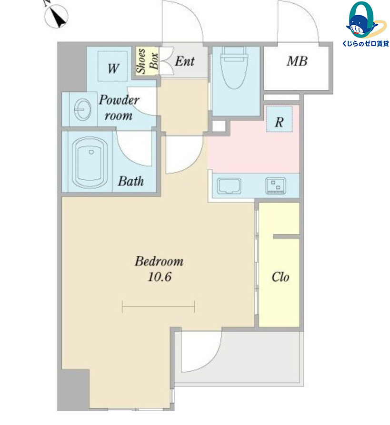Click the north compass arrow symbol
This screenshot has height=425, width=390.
(57, 15)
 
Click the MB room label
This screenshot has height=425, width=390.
(297, 61)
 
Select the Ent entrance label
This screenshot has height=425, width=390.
(185, 61)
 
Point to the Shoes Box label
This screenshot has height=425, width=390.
(147, 61)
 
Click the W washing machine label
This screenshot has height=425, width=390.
(113, 68)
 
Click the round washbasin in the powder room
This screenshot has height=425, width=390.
(82, 109)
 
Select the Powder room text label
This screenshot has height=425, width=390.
(119, 107)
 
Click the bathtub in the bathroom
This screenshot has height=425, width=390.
(90, 163)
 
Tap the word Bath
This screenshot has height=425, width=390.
(130, 181)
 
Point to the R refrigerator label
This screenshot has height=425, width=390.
(279, 122)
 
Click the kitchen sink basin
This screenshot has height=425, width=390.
(229, 186)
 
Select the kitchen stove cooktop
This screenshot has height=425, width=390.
(276, 186)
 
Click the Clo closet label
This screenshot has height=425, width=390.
(280, 277)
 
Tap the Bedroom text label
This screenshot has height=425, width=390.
(159, 261)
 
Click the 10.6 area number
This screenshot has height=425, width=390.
(160, 277)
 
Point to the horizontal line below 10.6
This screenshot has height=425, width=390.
(159, 307)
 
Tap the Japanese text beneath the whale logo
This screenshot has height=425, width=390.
(366, 43)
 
